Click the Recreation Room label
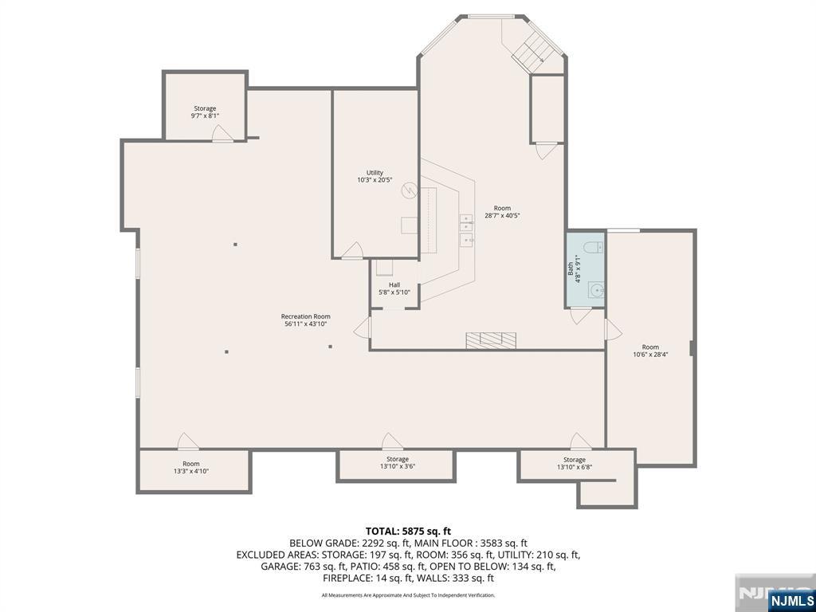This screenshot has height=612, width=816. tap(306, 316)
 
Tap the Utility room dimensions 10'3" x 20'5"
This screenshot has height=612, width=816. tap(375, 180)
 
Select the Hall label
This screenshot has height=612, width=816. tap(394, 284)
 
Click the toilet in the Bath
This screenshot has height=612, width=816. tap(593, 247)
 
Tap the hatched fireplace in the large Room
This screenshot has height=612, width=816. tap(491, 340)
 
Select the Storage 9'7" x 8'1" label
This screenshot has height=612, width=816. tap(205, 108)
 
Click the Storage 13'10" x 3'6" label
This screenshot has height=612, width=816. tap(397, 459)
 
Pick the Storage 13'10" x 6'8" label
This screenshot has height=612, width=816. tap(574, 460)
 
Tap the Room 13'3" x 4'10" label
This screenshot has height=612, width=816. tap(191, 464)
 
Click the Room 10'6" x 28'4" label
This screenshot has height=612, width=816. tap(650, 347)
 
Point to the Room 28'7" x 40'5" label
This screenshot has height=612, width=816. tap(502, 209)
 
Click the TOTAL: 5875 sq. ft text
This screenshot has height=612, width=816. tap(408, 531)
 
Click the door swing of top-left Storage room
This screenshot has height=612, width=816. tap(222, 135)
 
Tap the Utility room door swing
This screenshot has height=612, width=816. tap(351, 252)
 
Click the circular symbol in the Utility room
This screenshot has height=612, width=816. tap(409, 190)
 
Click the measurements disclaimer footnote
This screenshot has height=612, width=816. tap(408, 595)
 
